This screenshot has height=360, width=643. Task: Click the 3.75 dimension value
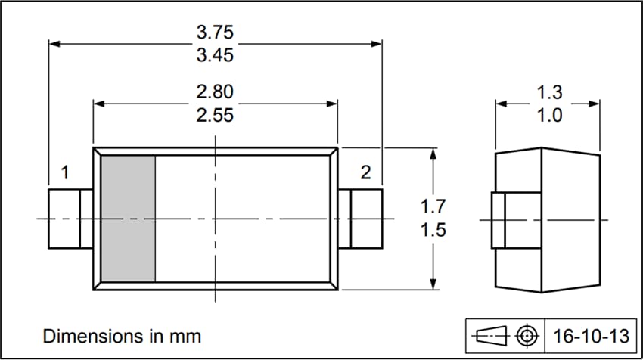(x=215, y=33)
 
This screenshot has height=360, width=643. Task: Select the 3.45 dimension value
(x=215, y=56)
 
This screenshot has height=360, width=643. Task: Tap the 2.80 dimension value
(x=215, y=92)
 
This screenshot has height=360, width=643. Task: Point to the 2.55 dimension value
(x=215, y=115)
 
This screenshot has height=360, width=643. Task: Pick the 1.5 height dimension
(x=433, y=230)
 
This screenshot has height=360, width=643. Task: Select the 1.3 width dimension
(x=549, y=93)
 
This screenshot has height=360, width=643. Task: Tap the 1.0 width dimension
(x=549, y=116)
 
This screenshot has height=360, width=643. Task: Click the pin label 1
(x=64, y=173)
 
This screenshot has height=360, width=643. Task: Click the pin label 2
(x=365, y=173)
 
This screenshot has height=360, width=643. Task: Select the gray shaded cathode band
(x=128, y=219)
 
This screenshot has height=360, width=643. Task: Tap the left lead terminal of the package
(x=65, y=219)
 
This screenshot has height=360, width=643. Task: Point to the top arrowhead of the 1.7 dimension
(x=433, y=152)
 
